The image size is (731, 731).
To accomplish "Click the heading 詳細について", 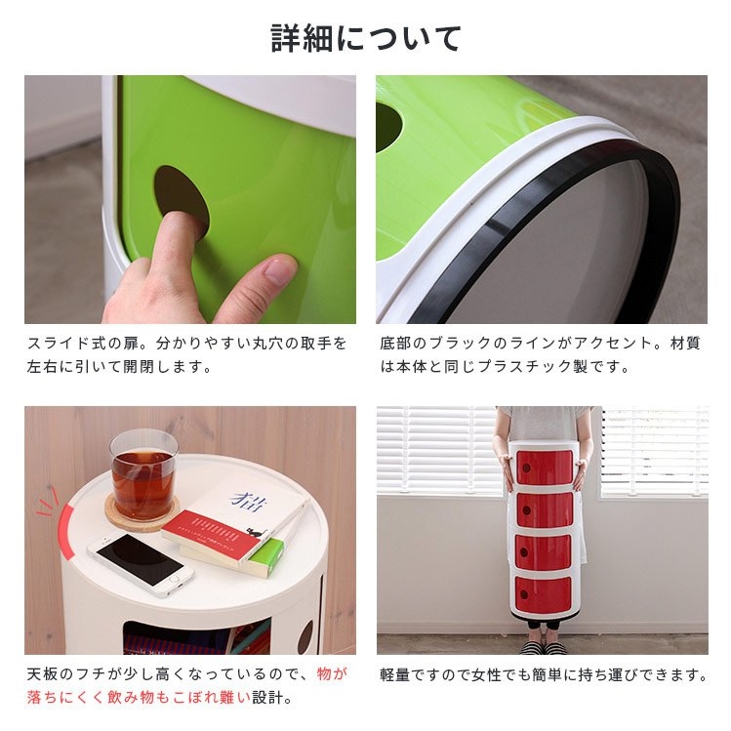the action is point(366,38).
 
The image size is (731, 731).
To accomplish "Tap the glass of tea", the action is point(144,474).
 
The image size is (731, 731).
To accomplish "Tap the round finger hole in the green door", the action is point(182,198).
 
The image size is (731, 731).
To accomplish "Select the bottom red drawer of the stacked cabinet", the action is point(543,594).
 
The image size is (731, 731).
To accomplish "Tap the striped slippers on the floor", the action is point(543,647).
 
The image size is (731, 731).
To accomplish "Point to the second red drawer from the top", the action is point(545,508).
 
